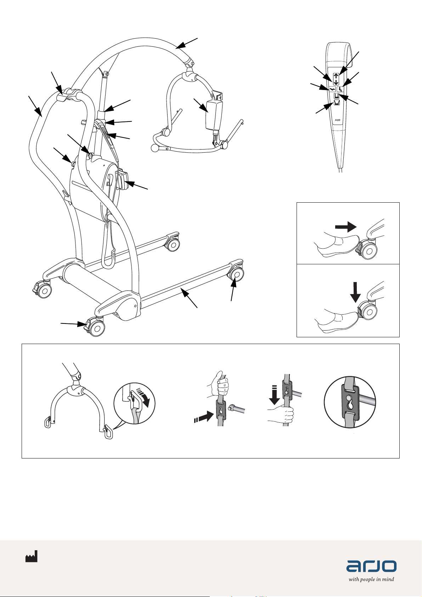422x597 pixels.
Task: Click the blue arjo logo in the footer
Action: (x=371, y=566)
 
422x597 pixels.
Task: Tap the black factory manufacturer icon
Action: (x=32, y=556)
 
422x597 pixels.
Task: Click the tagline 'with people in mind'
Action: (x=371, y=579)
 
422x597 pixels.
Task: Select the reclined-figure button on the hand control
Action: (x=332, y=89)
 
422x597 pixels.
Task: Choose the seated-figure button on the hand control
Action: (x=340, y=89)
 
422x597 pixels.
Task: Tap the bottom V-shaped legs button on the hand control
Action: (x=337, y=103)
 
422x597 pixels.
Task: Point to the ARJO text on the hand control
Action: (x=337, y=120)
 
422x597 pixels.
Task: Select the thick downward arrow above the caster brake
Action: (x=355, y=292)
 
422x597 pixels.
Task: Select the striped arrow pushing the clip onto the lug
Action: (x=204, y=417)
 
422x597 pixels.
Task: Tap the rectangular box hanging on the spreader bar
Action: (x=214, y=114)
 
